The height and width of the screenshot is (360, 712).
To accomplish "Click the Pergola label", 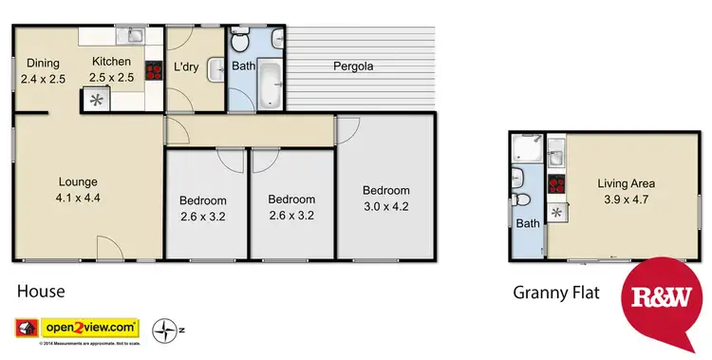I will (352, 66).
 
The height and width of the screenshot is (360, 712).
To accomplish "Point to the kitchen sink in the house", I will (134, 37).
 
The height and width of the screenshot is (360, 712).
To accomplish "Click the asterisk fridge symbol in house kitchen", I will (95, 98).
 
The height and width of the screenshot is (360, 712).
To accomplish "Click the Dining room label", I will (43, 64).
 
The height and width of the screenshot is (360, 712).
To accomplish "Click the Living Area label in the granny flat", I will (626, 183).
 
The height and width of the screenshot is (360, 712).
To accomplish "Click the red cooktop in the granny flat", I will (558, 186).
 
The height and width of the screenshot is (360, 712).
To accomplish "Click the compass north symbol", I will (167, 330).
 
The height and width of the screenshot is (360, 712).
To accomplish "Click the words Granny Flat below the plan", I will (555, 293).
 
